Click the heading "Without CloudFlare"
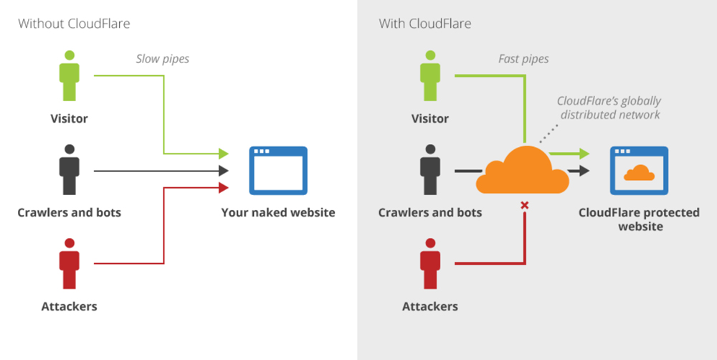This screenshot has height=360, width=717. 74,24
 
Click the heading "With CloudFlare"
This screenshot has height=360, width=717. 425,24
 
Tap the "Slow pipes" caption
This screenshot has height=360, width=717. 163,59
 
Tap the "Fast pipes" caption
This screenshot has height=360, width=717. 525,59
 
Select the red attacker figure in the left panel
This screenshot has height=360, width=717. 70,261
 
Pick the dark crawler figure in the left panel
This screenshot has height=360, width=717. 70,169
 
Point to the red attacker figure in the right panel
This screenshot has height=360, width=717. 430,261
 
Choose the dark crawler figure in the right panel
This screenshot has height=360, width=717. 430,169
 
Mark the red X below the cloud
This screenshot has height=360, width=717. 524,206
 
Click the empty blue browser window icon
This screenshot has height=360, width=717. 277,171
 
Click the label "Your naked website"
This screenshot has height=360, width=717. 277,212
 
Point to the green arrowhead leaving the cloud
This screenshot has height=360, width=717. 584,153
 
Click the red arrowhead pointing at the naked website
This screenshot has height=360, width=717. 223,188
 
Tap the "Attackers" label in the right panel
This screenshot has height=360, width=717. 430,306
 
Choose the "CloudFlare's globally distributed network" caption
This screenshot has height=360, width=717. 609,108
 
